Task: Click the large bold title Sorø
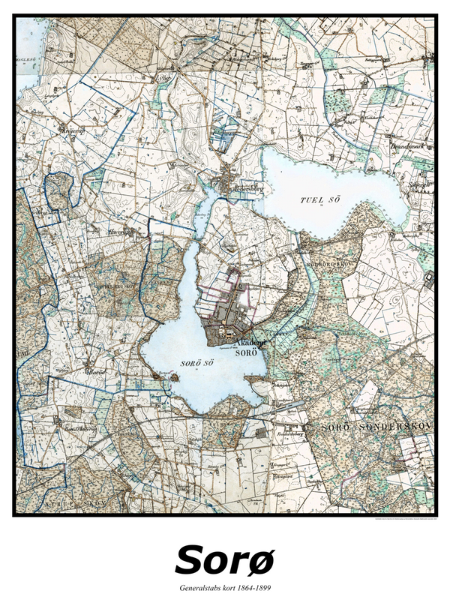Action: tap(225, 559)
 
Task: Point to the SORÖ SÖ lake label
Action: tap(193, 364)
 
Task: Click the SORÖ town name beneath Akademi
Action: tap(247, 352)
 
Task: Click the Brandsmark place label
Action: tap(412, 148)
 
